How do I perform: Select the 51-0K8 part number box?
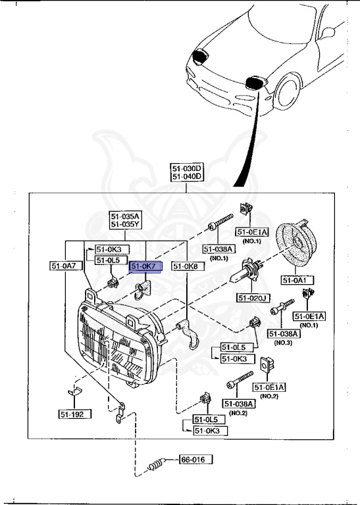click(x=185, y=266)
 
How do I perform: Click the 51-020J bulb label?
click(x=253, y=298)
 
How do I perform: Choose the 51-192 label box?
click(x=73, y=414)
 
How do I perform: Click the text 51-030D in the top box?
click(x=187, y=168)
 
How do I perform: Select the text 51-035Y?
click(x=125, y=224)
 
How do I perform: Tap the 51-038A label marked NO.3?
click(x=283, y=334)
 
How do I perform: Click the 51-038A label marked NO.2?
click(x=238, y=403)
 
